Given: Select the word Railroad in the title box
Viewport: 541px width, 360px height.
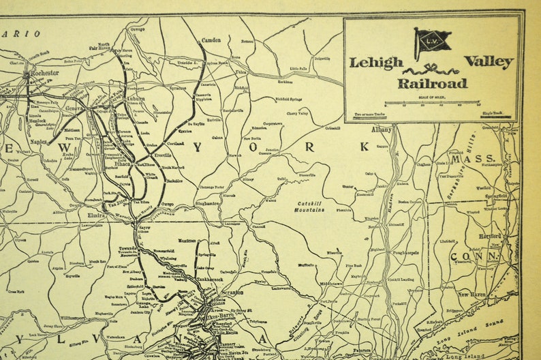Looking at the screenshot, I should (x=433, y=83).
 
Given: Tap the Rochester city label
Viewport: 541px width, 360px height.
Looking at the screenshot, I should (x=44, y=71).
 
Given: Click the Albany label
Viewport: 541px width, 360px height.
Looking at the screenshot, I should (x=382, y=129).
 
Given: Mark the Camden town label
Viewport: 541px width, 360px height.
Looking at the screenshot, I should (x=211, y=40).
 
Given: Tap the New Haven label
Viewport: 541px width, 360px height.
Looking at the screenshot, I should (x=472, y=294).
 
